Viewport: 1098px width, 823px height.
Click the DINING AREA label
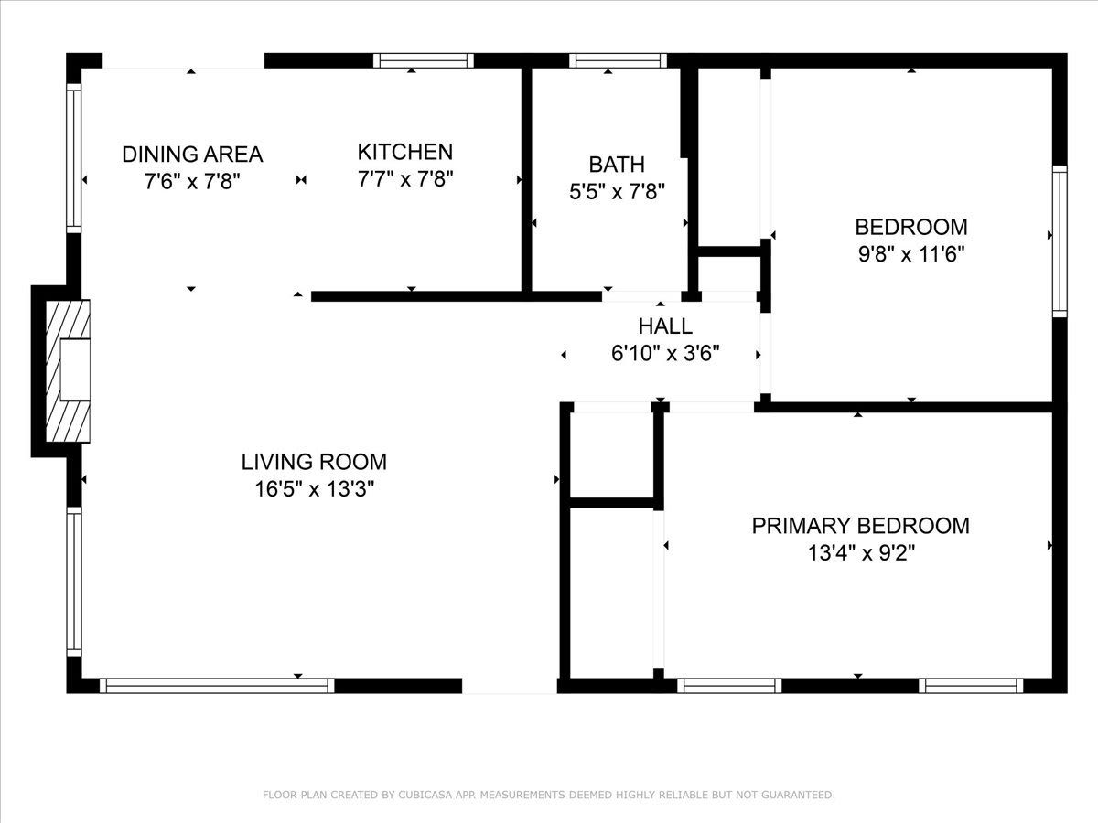[x=192, y=155]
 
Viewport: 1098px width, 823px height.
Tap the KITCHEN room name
[x=405, y=152]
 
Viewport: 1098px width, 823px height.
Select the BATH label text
[x=617, y=165]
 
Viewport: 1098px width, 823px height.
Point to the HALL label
[x=665, y=326]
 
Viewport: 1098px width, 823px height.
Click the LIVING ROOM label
[x=314, y=462]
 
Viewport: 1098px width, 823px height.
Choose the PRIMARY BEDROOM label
[x=861, y=526]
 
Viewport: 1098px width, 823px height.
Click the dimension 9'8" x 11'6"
[x=911, y=254]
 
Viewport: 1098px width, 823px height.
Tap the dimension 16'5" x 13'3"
[x=315, y=488]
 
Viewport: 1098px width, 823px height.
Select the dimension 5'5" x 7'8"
[x=618, y=191]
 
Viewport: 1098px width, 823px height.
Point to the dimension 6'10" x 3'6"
[x=665, y=354]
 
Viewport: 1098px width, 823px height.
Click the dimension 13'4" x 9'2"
[x=861, y=552]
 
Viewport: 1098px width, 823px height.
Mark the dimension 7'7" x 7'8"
[x=405, y=179]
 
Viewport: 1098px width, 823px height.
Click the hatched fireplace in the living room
[x=68, y=370]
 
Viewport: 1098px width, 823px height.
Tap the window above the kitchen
[x=424, y=60]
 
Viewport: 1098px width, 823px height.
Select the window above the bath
[x=618, y=60]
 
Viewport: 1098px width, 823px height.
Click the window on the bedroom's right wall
[x=1060, y=241]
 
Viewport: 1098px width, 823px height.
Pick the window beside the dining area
[x=74, y=158]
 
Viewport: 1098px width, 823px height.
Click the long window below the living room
[x=217, y=686]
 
